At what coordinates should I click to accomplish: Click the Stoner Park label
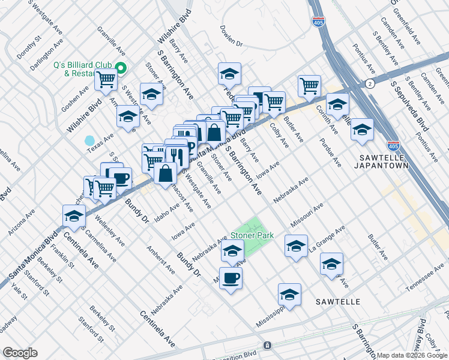252,236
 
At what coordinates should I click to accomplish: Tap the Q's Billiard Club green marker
120,68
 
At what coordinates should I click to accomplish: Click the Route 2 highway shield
370,83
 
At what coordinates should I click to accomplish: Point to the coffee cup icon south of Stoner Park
231,278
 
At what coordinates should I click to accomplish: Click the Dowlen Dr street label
231,43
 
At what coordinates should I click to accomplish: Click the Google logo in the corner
20,353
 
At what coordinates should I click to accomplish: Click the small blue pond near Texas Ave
89,141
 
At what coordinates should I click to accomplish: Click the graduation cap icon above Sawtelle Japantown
361,129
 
